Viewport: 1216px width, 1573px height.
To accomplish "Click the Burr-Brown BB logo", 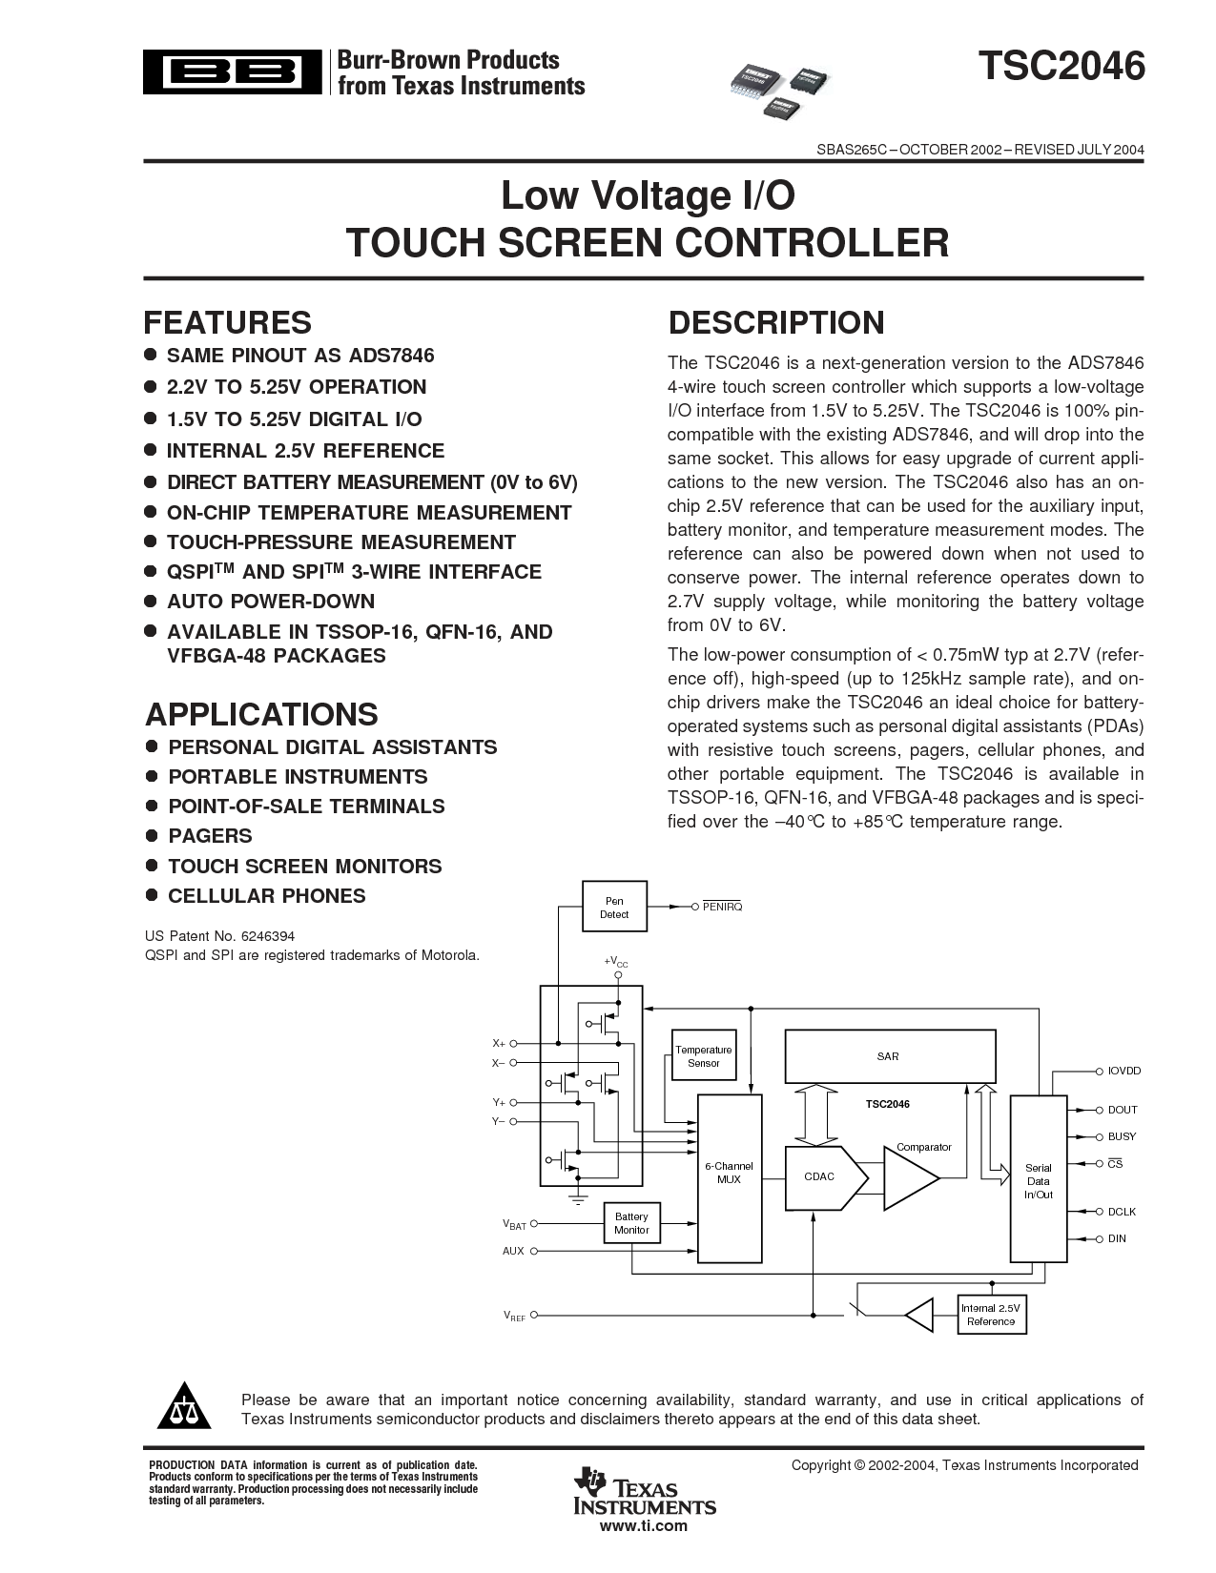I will pos(233,72).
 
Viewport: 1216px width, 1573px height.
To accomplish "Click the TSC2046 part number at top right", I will pos(1060,68).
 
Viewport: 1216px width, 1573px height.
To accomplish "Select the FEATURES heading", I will pos(227,322).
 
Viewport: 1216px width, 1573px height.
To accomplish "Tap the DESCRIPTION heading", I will pos(775,322).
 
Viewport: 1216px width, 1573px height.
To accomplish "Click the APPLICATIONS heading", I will pos(261,714).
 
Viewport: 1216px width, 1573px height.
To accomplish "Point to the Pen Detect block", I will pos(613,907).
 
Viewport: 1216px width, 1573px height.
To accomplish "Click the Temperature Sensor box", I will pos(703,1055).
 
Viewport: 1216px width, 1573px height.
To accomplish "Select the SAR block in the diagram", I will pos(889,1056).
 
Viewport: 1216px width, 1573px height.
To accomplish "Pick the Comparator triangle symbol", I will pos(909,1178).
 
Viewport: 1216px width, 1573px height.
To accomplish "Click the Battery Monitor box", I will pos(630,1223).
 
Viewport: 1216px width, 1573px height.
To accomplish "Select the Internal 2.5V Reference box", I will pos(990,1315).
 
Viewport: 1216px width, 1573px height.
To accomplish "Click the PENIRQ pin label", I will pos(722,907).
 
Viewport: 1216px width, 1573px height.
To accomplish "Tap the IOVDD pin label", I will pos(1123,1071).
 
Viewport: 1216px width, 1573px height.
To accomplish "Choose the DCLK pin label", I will pos(1122,1212).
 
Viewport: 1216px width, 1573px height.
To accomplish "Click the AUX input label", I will pos(513,1251).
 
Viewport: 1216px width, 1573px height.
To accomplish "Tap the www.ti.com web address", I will pos(643,1526).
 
